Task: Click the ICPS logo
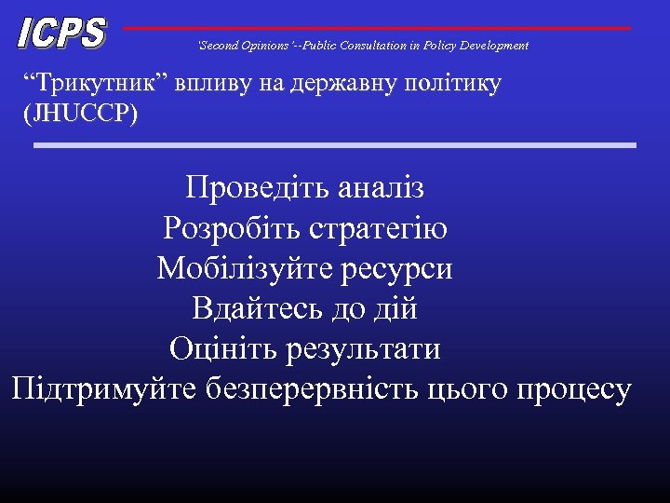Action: (61, 34)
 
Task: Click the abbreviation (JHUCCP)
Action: (76, 115)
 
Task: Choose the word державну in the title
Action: (343, 84)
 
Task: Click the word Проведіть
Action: (248, 188)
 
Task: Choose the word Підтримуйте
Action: (102, 389)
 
